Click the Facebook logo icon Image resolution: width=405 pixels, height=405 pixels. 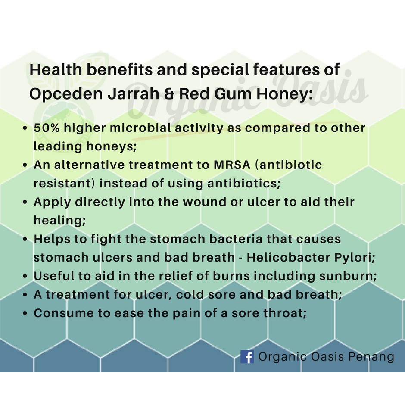pos(247,357)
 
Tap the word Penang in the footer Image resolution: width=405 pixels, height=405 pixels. pos(371,357)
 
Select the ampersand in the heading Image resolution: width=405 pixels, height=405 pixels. pos(169,93)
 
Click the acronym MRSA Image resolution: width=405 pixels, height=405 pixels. pos(232,165)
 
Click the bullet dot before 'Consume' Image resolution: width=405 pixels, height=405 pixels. pos(25,313)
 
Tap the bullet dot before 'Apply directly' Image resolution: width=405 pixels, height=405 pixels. pos(25,202)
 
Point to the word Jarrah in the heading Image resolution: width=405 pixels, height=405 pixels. pos(134,93)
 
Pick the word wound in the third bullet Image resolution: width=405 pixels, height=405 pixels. pos(205,202)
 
